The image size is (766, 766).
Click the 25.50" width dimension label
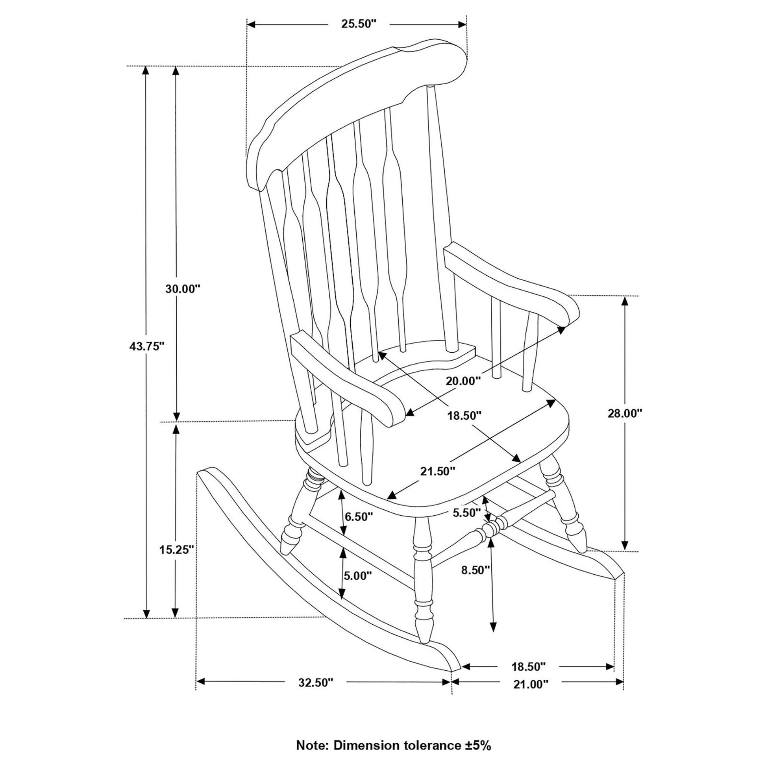click(359, 24)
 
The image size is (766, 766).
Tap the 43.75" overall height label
click(147, 346)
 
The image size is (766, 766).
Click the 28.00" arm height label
click(625, 414)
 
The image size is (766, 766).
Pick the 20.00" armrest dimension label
click(463, 381)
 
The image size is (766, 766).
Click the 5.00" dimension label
click(358, 575)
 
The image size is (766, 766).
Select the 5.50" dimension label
click(467, 513)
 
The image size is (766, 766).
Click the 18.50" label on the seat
click(464, 416)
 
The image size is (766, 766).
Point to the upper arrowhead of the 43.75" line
click(146, 70)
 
